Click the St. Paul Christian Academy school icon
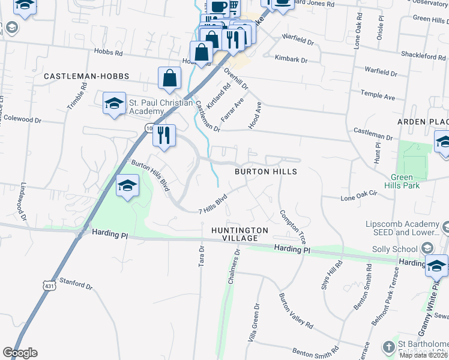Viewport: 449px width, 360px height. (x=114, y=105)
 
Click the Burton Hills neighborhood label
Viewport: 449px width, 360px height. (x=266, y=172)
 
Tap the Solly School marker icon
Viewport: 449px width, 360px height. (x=427, y=248)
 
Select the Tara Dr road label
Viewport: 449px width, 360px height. (x=201, y=257)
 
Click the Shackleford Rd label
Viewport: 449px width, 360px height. (x=424, y=56)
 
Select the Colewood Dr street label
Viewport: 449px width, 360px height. (x=24, y=119)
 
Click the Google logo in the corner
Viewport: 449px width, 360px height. (x=20, y=353)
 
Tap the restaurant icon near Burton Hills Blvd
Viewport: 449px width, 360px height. (x=164, y=136)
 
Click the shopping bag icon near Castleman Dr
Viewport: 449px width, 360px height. (x=170, y=79)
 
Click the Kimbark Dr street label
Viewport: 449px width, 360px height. (x=291, y=59)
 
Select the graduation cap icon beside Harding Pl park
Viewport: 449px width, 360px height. (x=127, y=187)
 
